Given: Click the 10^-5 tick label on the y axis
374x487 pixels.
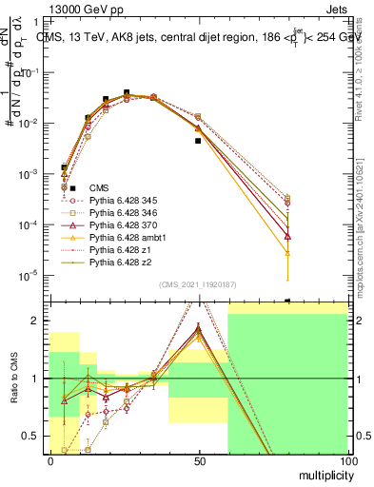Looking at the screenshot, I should click(x=30, y=276).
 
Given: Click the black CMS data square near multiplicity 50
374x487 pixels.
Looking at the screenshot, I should click(x=198, y=141).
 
